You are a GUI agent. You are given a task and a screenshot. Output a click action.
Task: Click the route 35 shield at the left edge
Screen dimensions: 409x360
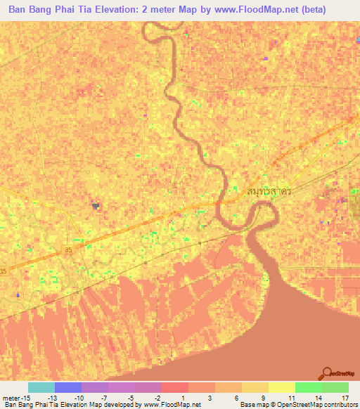tap(4, 271)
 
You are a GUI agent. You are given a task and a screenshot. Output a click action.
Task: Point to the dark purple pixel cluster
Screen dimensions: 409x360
tap(95, 206)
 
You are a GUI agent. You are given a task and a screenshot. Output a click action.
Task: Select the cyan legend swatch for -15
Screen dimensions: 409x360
tap(41, 387)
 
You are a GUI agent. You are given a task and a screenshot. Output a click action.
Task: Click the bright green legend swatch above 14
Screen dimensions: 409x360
tap(308, 387)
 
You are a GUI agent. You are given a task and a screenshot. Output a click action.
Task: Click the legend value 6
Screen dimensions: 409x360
tap(228, 397)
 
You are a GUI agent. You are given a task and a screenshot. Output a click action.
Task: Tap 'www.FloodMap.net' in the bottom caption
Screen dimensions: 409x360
tap(171, 405)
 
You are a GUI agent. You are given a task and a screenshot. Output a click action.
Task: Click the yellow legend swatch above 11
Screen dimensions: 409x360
tap(281, 387)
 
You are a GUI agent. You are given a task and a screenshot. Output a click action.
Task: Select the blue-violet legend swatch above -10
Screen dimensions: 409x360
tap(68, 387)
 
